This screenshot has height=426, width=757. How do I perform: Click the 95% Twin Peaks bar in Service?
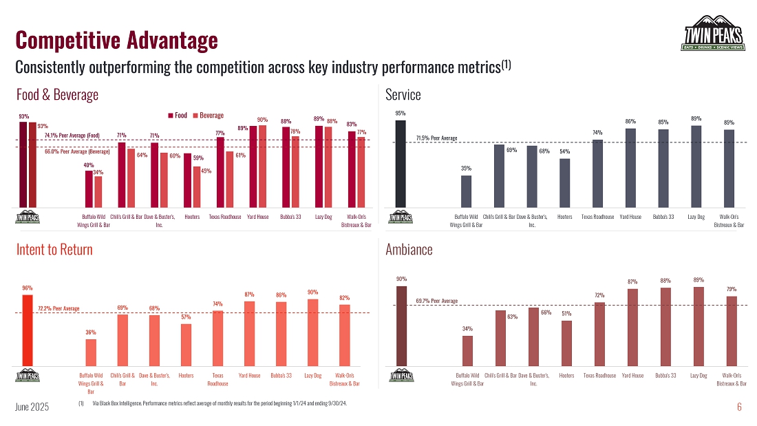pos(401,164)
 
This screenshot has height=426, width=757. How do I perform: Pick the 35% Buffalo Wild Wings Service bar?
pos(466,191)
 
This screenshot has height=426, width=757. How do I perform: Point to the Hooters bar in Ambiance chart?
pos(566,343)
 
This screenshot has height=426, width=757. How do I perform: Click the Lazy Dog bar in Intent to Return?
pos(312,332)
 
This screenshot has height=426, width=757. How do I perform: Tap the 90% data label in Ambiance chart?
pos(401,279)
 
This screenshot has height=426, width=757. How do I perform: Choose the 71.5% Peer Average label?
pos(436,138)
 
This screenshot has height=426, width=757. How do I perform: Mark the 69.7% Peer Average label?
pos(436,301)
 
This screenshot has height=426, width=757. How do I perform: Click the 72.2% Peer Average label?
pos(58,308)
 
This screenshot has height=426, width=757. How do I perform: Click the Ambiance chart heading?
pos(409,250)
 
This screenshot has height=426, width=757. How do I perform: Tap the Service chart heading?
pos(403,95)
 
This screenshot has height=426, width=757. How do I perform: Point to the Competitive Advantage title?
pos(116,40)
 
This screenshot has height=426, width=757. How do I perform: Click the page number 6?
pos(739,407)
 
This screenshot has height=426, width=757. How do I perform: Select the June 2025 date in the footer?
pos(32,407)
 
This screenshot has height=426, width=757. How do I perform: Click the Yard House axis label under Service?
pos(630,217)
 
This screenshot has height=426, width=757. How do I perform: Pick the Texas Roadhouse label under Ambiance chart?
pos(599,376)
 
